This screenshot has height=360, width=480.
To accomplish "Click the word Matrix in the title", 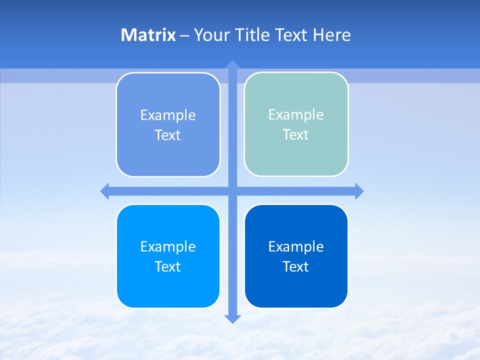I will click(148, 35).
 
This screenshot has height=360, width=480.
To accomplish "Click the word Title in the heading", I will click(252, 35).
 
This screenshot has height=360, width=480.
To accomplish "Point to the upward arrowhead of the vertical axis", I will click(232, 65).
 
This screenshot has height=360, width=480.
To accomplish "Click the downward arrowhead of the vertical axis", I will click(232, 319).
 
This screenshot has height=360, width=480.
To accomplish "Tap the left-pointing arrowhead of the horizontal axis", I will click(105, 191).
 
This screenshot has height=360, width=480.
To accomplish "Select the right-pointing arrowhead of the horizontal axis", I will click(359, 191).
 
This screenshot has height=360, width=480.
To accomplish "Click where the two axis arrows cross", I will click(232, 191).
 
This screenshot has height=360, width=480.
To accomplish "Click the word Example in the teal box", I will click(296, 115).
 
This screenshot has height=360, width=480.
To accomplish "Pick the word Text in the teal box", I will click(296, 135).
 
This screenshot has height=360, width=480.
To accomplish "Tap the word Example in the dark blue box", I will click(296, 246).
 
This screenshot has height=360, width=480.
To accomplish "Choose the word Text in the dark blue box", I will click(296, 266).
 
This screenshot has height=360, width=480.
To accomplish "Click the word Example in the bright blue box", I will click(168, 246).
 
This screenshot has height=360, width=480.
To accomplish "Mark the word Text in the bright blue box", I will click(168, 266).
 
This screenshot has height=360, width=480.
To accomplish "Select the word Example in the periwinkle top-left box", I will click(168, 115).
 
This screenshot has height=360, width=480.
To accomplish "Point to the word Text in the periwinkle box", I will click(168, 135).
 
